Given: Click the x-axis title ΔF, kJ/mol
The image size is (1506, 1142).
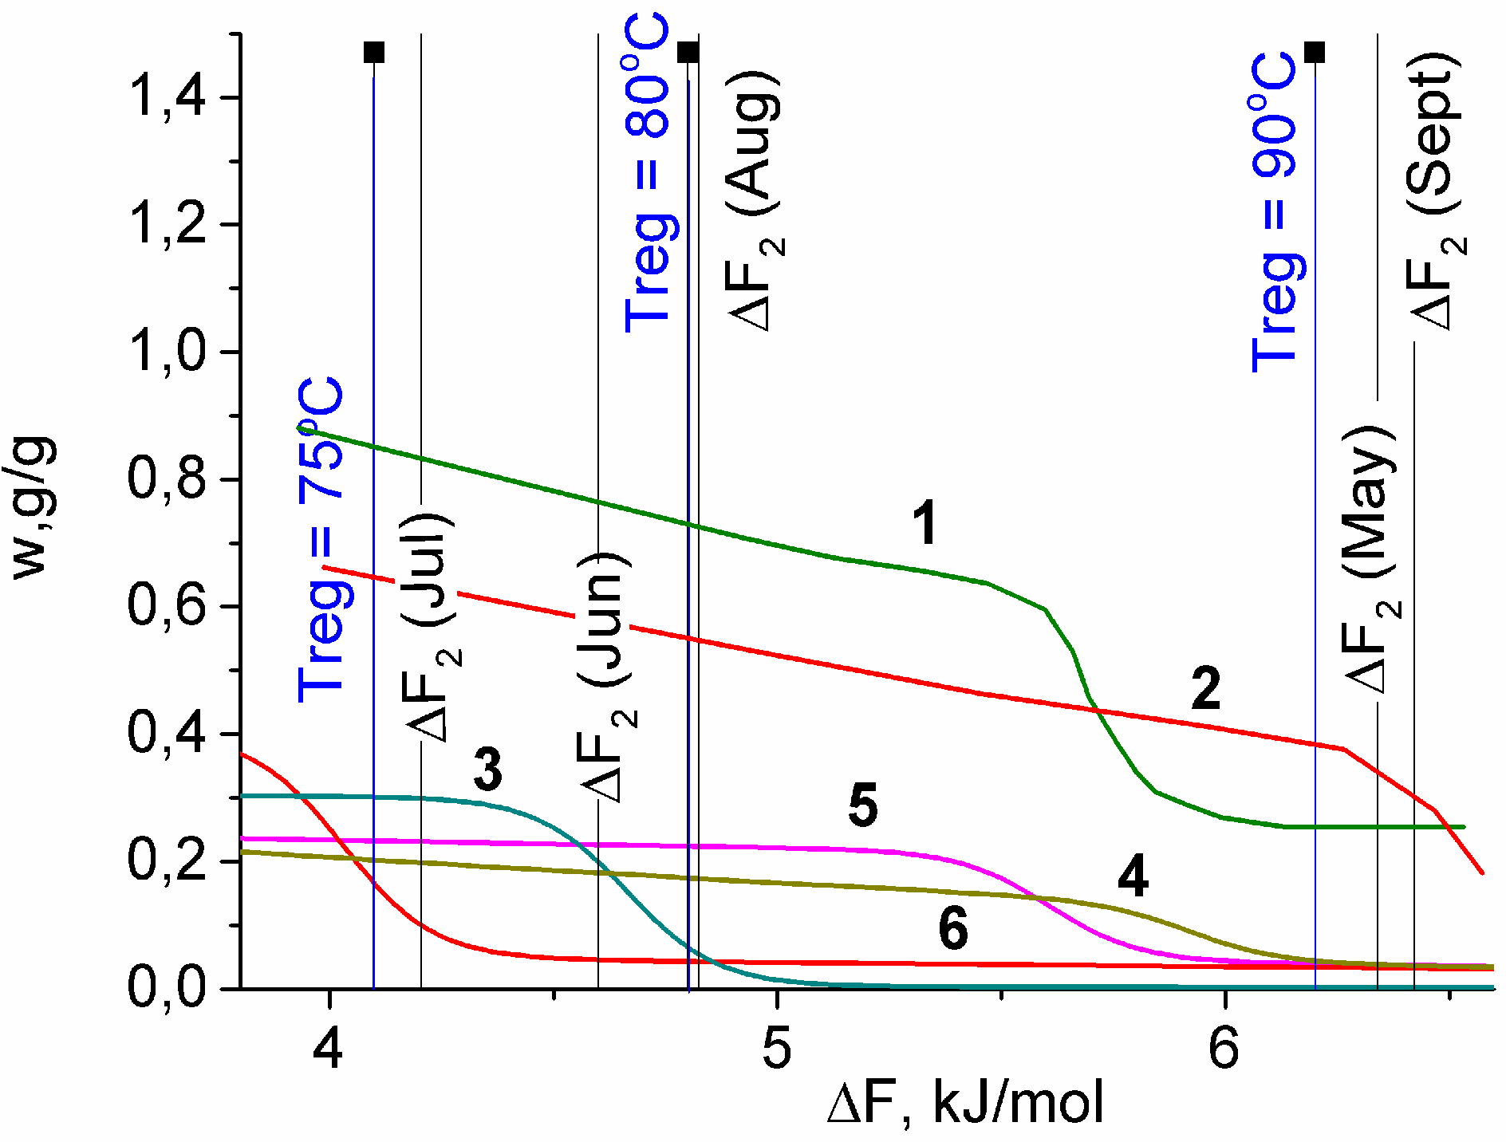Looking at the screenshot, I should [x=965, y=1103].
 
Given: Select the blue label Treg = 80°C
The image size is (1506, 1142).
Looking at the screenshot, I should [x=647, y=171].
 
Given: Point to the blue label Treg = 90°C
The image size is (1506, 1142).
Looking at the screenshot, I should [x=1275, y=211].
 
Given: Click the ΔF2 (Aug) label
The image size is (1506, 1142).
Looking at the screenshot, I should [x=754, y=199].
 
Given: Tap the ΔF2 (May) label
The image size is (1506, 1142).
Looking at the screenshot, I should [x=1370, y=558].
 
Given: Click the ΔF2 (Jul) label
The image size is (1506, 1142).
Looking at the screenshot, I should [x=432, y=626].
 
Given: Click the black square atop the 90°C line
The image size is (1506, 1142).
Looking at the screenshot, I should [x=1315, y=53].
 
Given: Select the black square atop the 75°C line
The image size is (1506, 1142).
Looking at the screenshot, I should [x=374, y=53].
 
